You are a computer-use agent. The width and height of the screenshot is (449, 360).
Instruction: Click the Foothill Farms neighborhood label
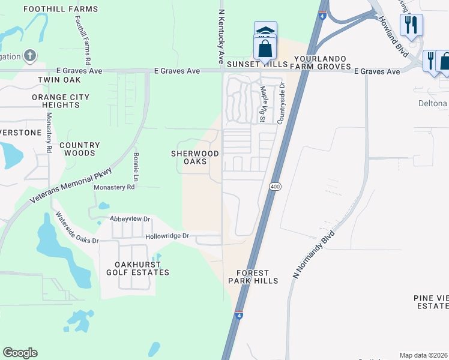coord(60,9)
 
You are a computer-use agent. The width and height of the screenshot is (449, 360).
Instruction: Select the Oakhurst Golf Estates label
coord(142,268)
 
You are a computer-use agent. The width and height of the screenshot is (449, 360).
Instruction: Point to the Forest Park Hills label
coord(253,277)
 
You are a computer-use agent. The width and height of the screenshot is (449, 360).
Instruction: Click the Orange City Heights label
coord(61,101)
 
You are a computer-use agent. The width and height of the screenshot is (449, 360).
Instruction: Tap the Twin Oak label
coord(59,79)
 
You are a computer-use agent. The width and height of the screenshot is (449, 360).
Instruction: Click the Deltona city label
coord(432,103)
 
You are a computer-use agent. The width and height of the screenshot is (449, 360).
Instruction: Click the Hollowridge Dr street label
coord(167,236)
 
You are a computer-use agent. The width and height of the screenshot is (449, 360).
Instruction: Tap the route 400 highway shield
coord(275,187)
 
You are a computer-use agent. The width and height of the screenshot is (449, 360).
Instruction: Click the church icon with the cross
coord(30,56)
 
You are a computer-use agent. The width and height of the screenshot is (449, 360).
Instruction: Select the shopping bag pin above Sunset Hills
coord(265,49)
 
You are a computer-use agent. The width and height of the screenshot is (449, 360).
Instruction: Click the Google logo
coord(20,353)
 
